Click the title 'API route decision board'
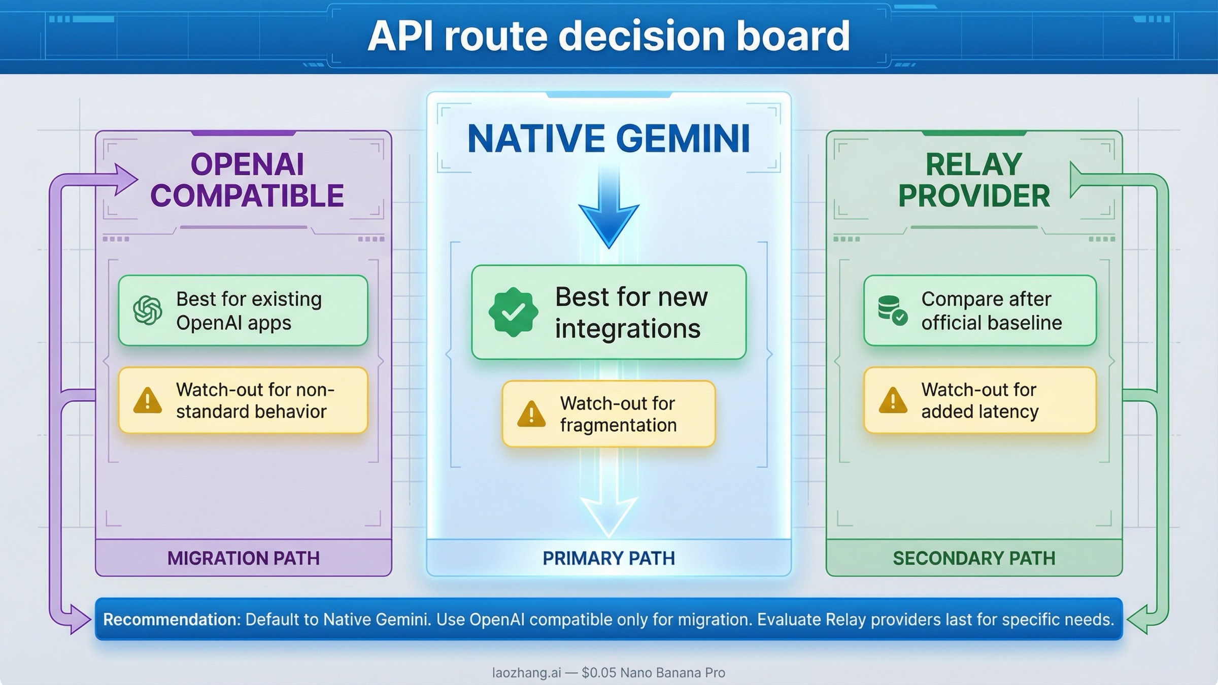[608, 37]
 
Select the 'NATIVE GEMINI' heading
[608, 139]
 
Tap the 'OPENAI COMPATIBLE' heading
[247, 180]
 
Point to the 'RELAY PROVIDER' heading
[973, 180]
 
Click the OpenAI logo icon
[148, 310]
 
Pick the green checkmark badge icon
[513, 312]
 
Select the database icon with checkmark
[892, 310]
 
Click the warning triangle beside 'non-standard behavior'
[148, 400]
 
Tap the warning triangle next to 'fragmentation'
[531, 414]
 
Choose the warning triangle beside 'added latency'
[893, 400]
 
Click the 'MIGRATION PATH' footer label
[244, 558]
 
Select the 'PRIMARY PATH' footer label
[608, 558]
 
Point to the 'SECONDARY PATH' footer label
[974, 558]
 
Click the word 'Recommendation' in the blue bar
[170, 620]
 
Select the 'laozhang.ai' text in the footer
[526, 673]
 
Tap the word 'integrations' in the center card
[627, 329]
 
